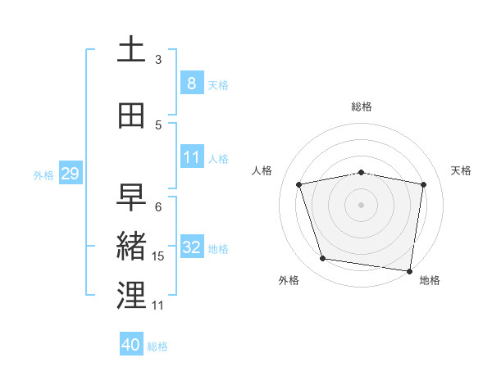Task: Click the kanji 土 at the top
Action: click(x=131, y=49)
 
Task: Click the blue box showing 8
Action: click(x=191, y=84)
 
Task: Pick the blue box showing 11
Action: click(x=191, y=157)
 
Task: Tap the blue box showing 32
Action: click(x=191, y=247)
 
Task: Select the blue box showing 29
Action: click(x=70, y=174)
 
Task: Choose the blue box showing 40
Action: click(x=131, y=345)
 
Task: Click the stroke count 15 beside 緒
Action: click(x=158, y=256)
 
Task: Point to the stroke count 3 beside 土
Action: click(x=158, y=59)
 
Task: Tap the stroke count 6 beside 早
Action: click(x=158, y=207)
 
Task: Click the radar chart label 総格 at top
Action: click(x=362, y=106)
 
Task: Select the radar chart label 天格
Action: click(x=461, y=170)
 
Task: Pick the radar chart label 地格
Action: click(x=430, y=280)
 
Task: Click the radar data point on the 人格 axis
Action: click(x=299, y=184)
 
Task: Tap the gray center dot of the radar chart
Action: click(x=362, y=205)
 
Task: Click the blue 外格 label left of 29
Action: click(x=43, y=174)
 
